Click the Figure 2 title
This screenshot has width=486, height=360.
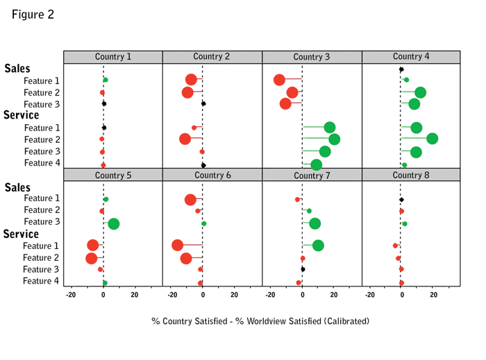[33, 15]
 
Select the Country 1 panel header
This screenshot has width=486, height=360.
[112, 57]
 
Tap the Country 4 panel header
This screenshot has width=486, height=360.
[411, 57]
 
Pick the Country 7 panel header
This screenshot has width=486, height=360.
[312, 175]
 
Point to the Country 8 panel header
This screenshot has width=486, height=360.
[411, 175]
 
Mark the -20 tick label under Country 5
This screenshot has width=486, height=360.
[71, 295]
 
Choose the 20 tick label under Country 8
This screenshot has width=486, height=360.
[434, 295]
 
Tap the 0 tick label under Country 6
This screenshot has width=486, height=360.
[203, 295]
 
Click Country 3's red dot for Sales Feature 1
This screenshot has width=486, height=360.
[279, 80]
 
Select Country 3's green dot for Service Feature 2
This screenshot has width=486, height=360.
[334, 139]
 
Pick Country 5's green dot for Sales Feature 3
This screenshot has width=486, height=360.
[114, 223]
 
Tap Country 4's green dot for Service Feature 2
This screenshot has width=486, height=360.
[432, 139]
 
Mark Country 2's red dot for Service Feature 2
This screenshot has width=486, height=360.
[185, 139]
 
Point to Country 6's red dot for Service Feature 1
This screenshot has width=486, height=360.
[177, 245]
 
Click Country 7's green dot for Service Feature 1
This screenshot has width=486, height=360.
[318, 245]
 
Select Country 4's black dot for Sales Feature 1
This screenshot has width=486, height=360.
[401, 69]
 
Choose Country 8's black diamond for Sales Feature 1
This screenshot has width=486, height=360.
[401, 200]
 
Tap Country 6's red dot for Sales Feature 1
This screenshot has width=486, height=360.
[190, 200]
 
